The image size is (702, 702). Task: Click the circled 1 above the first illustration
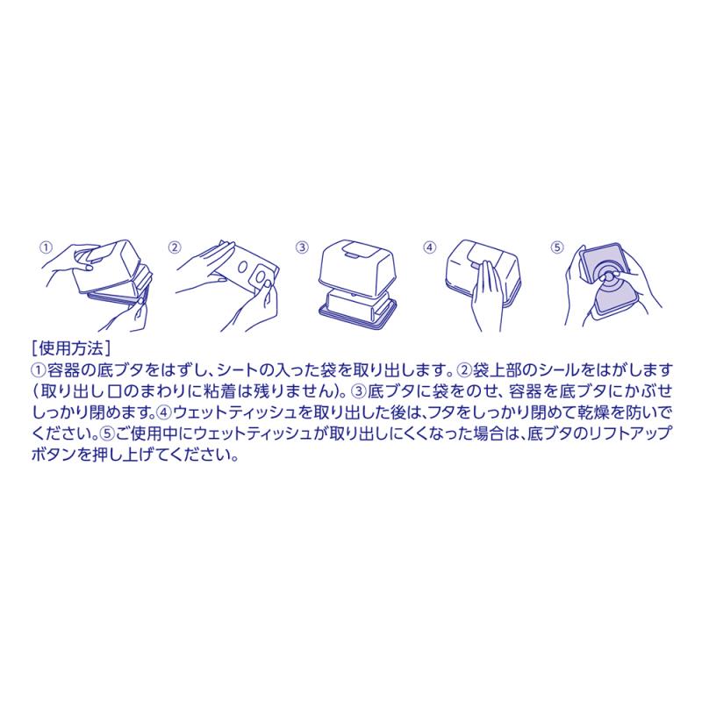pyautogui.click(x=46, y=247)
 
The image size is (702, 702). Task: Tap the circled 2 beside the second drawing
pyautogui.click(x=174, y=247)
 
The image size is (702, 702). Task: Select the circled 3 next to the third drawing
pyautogui.click(x=302, y=247)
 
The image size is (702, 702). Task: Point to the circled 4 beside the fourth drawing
pyautogui.click(x=430, y=247)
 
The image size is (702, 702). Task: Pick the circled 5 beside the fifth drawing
pyautogui.click(x=557, y=247)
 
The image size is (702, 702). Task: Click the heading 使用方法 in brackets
pyautogui.click(x=71, y=348)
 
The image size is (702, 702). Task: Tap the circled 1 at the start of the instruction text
pyautogui.click(x=39, y=370)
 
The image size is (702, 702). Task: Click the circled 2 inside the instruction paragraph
pyautogui.click(x=465, y=370)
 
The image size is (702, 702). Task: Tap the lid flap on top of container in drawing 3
pyautogui.click(x=354, y=249)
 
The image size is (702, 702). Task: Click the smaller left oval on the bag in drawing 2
pyautogui.click(x=242, y=268)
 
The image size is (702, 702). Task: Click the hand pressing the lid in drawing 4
pyautogui.click(x=485, y=297)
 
